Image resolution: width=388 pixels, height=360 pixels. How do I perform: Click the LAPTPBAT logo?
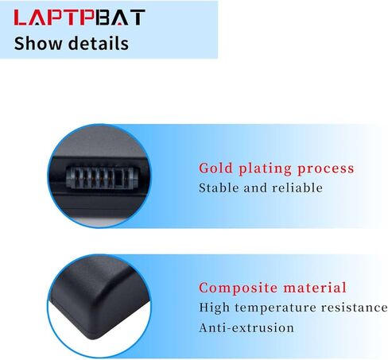point(80,17)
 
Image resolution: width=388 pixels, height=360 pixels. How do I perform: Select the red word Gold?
point(215,168)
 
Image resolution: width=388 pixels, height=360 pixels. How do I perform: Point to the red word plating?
point(265,169)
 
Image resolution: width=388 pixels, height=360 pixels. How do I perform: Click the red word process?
point(326,170)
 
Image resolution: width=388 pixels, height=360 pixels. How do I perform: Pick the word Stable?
point(219,188)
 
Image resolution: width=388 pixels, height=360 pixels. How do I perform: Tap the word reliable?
point(297,188)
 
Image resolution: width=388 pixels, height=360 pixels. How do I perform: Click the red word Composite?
point(238,288)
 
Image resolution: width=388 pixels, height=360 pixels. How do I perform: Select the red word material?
point(315,288)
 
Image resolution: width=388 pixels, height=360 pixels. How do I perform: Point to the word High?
point(214,308)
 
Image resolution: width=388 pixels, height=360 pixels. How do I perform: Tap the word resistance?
point(355,308)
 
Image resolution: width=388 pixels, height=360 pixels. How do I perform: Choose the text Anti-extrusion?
point(246,328)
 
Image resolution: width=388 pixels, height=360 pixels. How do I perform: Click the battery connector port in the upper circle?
point(100,178)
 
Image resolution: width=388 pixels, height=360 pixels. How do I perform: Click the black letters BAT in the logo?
point(121,17)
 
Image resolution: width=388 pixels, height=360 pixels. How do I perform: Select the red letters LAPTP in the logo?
point(54,17)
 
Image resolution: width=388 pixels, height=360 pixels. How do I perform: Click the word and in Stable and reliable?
point(255,188)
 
